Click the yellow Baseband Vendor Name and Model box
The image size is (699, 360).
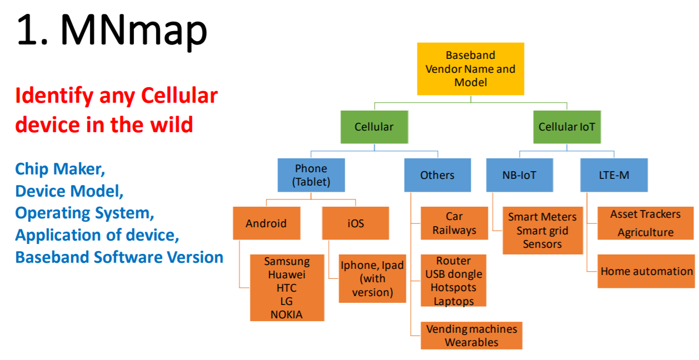point(470,69)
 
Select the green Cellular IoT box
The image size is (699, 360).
point(567,127)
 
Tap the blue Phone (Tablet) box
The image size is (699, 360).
point(311,175)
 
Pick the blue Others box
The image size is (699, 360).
point(437,175)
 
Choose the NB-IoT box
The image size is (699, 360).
point(519,175)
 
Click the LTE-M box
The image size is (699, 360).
point(614,175)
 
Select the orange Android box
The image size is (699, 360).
point(266,223)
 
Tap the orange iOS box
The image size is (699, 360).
point(355,223)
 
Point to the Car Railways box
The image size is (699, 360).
point(454,223)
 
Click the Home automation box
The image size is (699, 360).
point(646,271)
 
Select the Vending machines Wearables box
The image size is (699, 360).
point(471,336)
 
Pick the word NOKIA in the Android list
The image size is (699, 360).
point(286,314)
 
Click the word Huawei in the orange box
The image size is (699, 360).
point(287,274)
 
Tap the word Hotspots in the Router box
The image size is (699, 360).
point(454,287)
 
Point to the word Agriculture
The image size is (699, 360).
point(646,232)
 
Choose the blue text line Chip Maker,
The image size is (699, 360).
point(60,169)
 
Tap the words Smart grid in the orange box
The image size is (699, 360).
point(542,231)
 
